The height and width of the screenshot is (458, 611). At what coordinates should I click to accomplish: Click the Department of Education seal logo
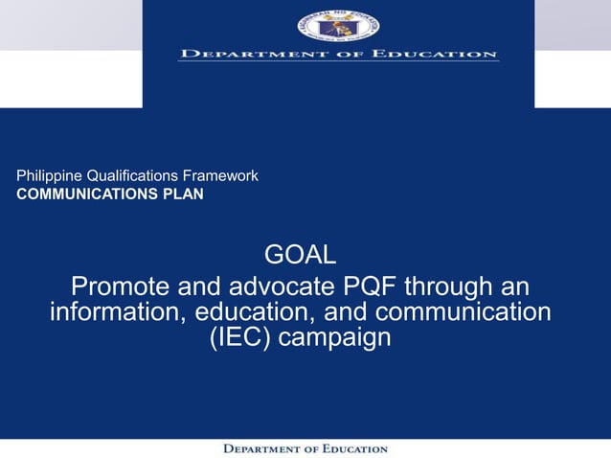[x=338, y=23]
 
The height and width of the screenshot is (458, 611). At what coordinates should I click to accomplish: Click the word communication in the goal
[x=458, y=312]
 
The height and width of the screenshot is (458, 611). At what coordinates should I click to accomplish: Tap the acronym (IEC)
[x=239, y=338]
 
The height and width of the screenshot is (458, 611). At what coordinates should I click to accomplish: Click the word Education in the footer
[x=348, y=448]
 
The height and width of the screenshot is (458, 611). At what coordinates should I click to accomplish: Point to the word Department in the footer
[x=261, y=448]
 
